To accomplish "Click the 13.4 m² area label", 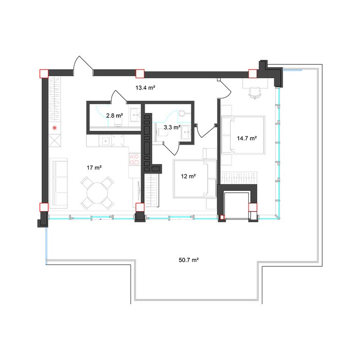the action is click(145, 88).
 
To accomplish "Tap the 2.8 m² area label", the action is click(114, 115).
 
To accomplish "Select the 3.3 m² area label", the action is click(172, 127).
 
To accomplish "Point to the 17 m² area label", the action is click(94, 168).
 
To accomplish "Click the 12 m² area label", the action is click(188, 176).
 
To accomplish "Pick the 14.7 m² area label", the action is click(247, 138).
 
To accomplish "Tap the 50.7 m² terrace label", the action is click(189, 260).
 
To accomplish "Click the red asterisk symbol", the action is click(54, 128).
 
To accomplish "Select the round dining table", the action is click(97, 193).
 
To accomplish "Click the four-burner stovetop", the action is click(135, 159).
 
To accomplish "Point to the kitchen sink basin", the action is click(105, 141).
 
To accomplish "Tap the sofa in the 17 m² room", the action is click(59, 183).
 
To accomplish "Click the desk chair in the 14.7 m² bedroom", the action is click(255, 92).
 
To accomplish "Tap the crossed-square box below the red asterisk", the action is click(55, 141).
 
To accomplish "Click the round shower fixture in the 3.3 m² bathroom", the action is click(182, 113).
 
